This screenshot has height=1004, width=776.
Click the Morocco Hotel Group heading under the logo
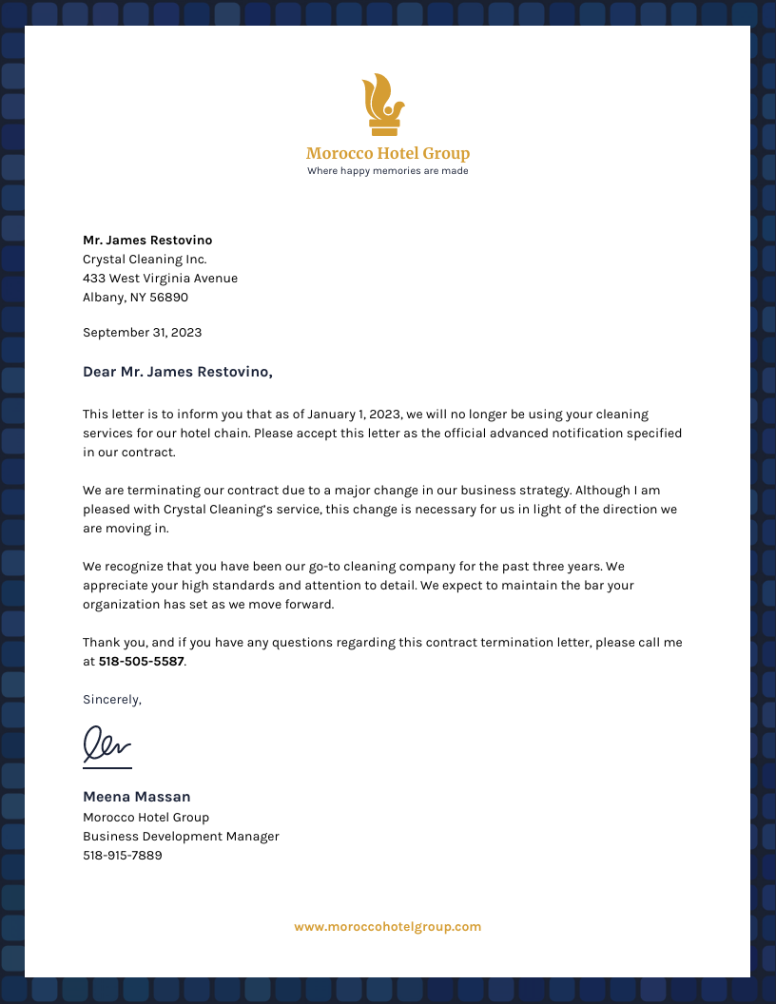click(x=387, y=153)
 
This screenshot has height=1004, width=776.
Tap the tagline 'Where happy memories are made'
click(x=387, y=171)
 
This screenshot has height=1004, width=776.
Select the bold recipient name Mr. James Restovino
click(x=147, y=241)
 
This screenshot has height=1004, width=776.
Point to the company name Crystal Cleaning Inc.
click(x=145, y=260)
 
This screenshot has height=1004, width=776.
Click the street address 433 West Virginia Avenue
click(x=160, y=279)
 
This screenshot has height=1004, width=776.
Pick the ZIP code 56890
click(x=168, y=298)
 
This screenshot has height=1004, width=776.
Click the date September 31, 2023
click(x=142, y=333)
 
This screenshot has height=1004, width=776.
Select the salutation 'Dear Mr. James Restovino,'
click(x=178, y=372)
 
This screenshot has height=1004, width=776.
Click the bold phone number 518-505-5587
click(x=141, y=662)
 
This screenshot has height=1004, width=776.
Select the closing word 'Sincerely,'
click(x=112, y=700)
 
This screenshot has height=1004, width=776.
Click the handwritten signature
click(x=107, y=745)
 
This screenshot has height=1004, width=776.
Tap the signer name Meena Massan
click(x=137, y=797)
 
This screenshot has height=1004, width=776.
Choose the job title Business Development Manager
click(x=181, y=837)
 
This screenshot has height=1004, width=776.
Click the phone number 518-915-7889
click(x=123, y=856)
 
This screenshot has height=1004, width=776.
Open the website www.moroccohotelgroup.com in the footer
click(x=387, y=927)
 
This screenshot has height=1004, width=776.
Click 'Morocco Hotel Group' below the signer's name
click(x=145, y=818)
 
